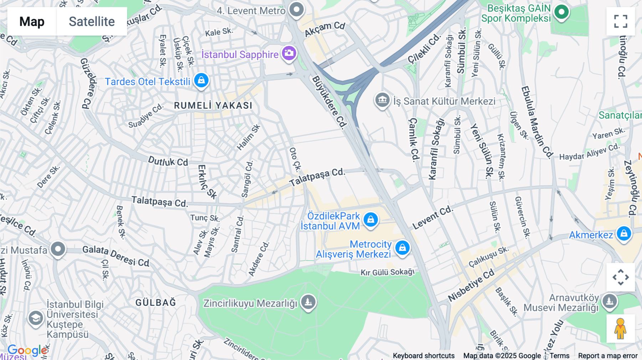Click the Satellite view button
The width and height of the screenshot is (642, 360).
point(92,21)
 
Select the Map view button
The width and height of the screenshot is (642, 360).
point(32,21)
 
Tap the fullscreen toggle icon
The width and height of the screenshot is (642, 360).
point(621,21)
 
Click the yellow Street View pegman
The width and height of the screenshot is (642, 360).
point(621,329)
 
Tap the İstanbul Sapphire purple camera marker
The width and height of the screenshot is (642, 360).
point(289,53)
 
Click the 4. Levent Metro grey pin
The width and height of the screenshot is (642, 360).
point(296,9)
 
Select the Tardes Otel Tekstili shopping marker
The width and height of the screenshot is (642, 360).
point(201,80)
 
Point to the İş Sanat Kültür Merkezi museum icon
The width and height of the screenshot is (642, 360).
point(382,100)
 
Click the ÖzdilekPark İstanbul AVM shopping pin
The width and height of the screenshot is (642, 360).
point(371,220)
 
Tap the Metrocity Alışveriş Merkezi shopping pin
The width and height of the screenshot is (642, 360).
point(402,247)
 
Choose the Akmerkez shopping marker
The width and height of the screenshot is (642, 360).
point(624,234)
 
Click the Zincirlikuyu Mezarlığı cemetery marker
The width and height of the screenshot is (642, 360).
point(309,302)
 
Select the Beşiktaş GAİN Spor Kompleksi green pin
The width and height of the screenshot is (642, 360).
point(561,12)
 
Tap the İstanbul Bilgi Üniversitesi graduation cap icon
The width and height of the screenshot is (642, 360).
point(36,318)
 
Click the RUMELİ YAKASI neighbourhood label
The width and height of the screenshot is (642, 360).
point(213,106)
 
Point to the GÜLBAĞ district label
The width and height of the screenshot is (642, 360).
point(156,303)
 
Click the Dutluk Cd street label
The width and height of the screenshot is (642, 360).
point(168,161)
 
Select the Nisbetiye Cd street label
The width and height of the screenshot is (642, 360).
point(471,285)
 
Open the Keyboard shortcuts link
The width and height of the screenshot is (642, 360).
point(423,356)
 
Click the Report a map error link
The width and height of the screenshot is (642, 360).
point(607,356)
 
